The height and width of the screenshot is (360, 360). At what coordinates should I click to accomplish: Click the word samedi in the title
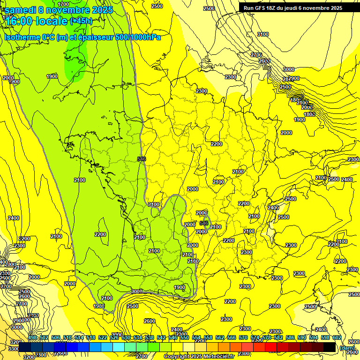coord(21,10)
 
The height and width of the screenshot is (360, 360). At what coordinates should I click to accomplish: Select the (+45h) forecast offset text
coord(81,21)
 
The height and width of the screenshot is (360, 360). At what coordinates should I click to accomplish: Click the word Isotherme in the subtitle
coord(22,37)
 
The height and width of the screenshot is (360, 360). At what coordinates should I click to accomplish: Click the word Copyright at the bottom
coord(177,357)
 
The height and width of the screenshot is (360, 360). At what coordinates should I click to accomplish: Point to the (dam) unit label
coord(347,348)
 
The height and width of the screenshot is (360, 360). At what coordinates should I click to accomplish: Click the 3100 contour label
coord(263,34)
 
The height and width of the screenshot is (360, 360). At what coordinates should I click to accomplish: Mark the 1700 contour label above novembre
coord(63,5)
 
